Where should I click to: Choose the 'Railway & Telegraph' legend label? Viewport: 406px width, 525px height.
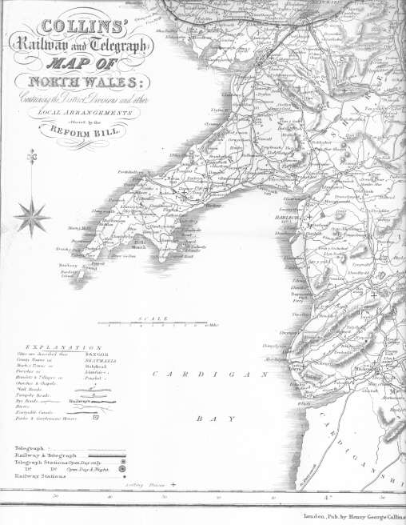46,455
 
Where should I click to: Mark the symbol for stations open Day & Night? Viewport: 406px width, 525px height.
123,470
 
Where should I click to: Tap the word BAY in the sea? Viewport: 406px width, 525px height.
205,418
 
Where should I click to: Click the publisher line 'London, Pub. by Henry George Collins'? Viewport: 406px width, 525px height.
356,516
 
